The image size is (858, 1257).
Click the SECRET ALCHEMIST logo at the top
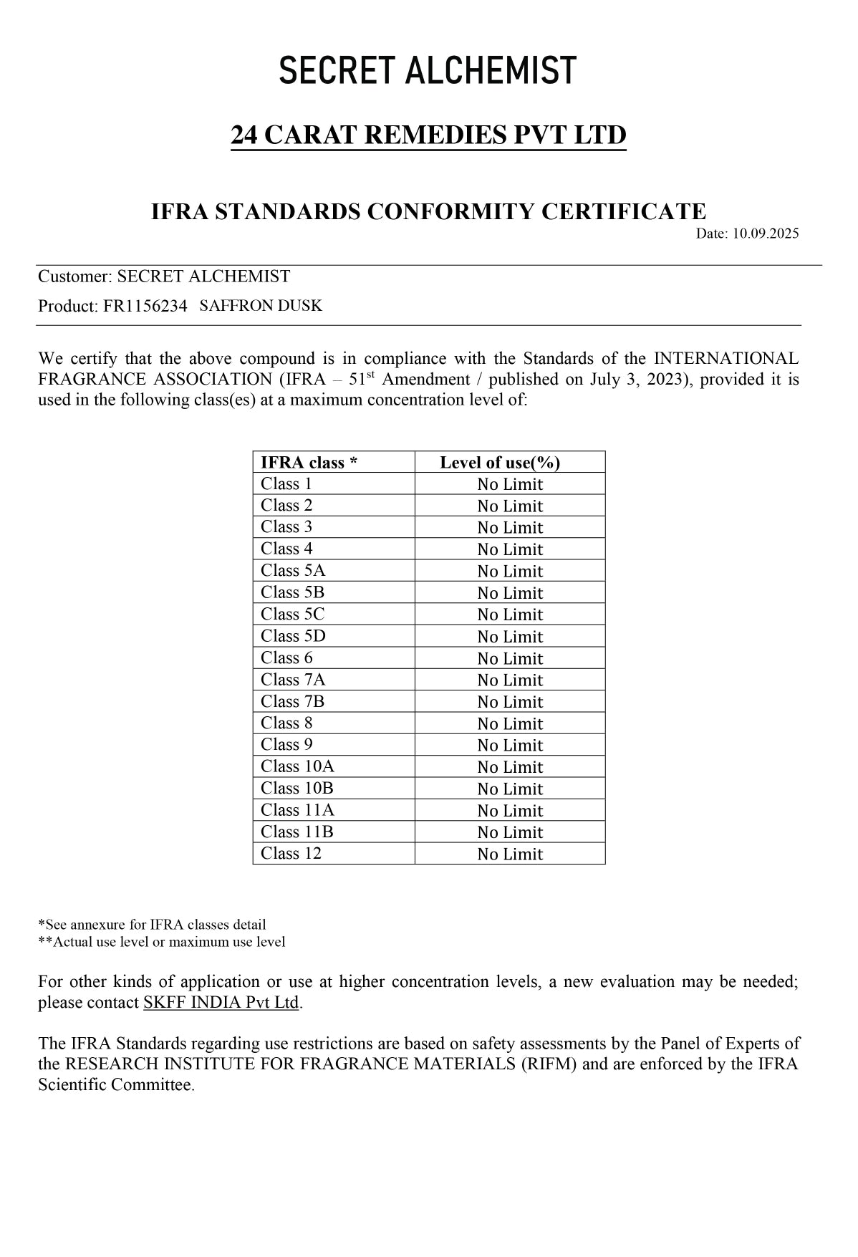(428, 71)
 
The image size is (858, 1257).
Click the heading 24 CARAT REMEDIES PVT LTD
(428, 135)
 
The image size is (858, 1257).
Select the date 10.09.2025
(765, 233)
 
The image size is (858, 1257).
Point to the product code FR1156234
(145, 307)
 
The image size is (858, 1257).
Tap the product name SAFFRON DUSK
(261, 306)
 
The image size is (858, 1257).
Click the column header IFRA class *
(309, 463)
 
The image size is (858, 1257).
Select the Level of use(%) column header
(500, 463)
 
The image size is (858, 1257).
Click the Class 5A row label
(293, 571)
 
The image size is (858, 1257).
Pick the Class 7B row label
(292, 702)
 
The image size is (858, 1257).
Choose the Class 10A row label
(297, 767)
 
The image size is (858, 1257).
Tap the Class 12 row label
(291, 854)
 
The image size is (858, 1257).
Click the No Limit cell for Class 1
(510, 485)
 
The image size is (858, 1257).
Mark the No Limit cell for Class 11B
(510, 832)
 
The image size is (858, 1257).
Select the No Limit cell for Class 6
(510, 659)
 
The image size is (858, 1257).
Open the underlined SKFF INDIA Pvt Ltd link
(221, 1003)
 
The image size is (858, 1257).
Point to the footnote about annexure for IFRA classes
(152, 925)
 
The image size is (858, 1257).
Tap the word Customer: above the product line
(75, 276)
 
